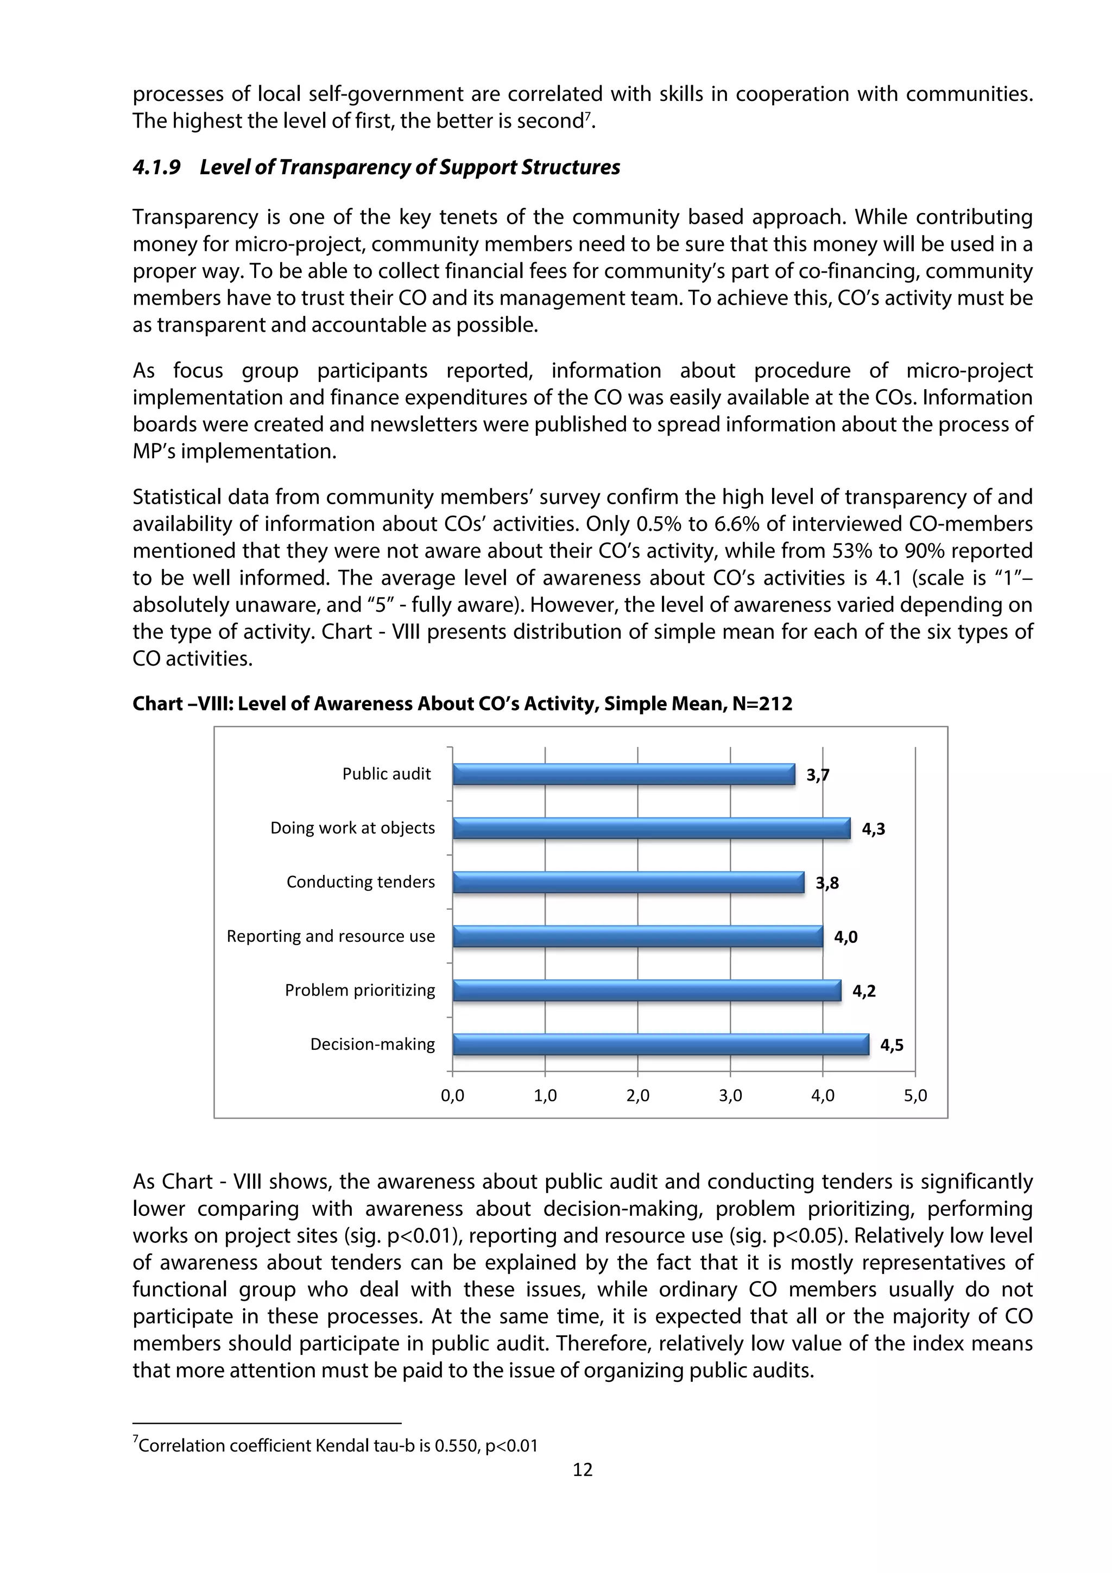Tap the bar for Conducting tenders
click(x=628, y=883)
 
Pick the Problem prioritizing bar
click(x=647, y=991)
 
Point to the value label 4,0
click(x=845, y=937)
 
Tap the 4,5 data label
click(x=892, y=1045)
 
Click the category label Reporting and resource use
click(x=330, y=936)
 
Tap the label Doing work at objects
click(x=352, y=828)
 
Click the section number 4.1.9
click(x=157, y=168)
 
